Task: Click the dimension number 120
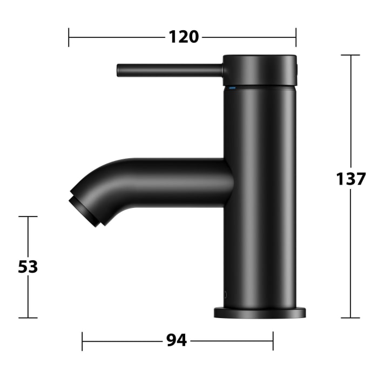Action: coord(184,37)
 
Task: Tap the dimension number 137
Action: coord(351,178)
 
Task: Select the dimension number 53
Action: coord(28,267)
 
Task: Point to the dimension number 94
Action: coord(177,341)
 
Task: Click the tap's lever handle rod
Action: coord(170,70)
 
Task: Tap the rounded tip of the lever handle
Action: coord(119,70)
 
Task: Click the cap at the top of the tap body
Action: coord(260,70)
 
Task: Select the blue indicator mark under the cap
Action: coord(233,86)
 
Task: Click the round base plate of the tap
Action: coord(260,313)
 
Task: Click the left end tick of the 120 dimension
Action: coord(69,37)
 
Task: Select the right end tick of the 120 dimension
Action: coord(296,37)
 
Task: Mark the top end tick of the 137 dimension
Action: coord(350,55)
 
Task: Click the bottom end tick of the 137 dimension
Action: coord(350,318)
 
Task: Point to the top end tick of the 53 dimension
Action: coord(28,217)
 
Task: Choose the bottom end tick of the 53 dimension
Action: coord(28,318)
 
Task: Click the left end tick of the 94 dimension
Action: coord(82,341)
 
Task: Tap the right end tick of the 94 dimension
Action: coord(273,341)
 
